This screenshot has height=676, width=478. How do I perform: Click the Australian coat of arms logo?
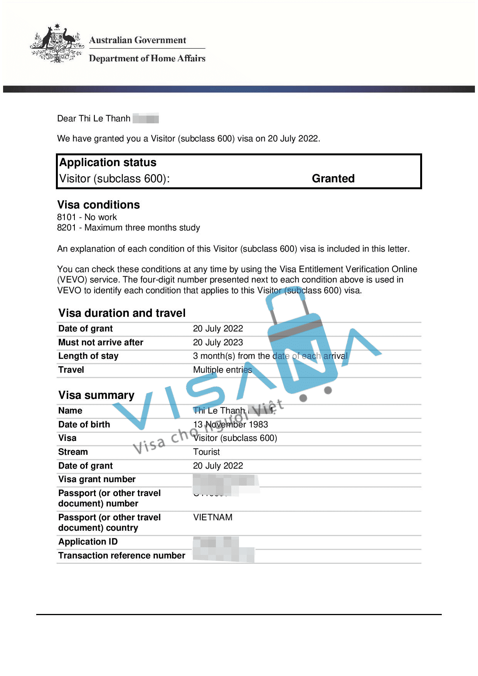click(57, 43)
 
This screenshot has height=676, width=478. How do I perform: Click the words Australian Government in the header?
click(138, 40)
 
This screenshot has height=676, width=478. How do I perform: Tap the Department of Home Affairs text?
click(147, 59)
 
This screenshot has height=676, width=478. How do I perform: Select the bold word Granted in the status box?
click(333, 178)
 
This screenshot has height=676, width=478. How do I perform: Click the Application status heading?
click(108, 162)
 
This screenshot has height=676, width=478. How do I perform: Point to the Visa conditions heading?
click(98, 205)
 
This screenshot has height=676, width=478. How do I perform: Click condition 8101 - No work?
click(87, 217)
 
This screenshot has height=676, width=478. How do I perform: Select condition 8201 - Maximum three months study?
click(128, 228)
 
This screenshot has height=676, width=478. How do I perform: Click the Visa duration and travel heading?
click(122, 313)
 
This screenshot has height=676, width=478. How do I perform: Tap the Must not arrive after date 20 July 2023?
click(218, 343)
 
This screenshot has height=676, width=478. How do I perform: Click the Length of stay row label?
click(88, 356)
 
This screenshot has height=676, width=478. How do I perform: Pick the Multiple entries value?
click(222, 370)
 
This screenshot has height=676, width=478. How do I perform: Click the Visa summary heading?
click(96, 395)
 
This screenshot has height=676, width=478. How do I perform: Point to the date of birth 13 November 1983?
click(231, 424)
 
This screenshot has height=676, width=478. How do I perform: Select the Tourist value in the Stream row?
click(206, 452)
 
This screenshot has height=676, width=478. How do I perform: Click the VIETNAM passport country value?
click(213, 517)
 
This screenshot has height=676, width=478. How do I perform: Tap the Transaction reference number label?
click(122, 555)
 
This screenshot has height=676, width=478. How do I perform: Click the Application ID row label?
click(88, 542)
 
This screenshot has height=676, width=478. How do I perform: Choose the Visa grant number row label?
click(97, 479)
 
